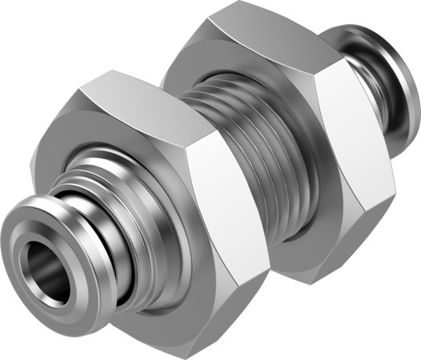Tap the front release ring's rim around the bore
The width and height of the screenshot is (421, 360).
tap(24, 240)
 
